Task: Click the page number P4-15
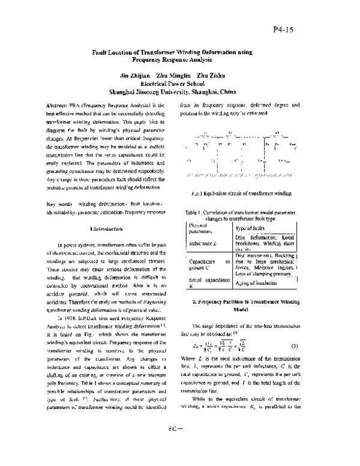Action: click(x=320, y=29)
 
